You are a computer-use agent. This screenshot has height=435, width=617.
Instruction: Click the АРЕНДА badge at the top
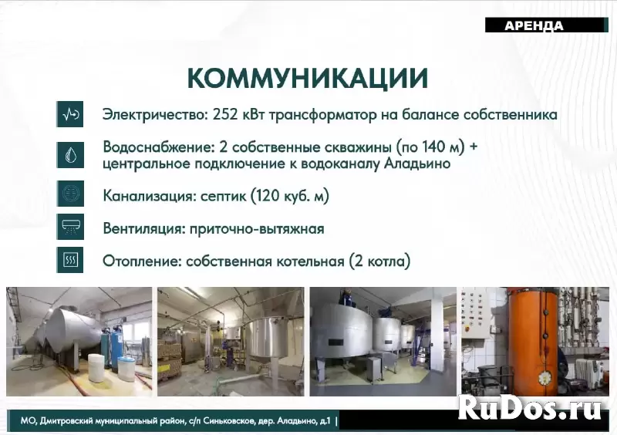pos(534,25)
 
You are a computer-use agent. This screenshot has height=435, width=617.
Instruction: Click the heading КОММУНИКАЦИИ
pos(308,79)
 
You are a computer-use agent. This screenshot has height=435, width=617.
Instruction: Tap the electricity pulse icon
pos(70,115)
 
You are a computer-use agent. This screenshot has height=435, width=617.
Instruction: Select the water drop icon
pos(70,154)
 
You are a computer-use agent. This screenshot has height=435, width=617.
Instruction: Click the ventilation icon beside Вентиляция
pos(70,228)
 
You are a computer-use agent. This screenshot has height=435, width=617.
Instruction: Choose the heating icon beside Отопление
pos(70,261)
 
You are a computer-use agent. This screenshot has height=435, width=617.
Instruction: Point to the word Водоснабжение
pos(150,147)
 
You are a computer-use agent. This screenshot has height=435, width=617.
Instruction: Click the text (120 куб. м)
pos(289,196)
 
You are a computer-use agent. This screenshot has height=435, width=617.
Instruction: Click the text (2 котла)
pos(379,261)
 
